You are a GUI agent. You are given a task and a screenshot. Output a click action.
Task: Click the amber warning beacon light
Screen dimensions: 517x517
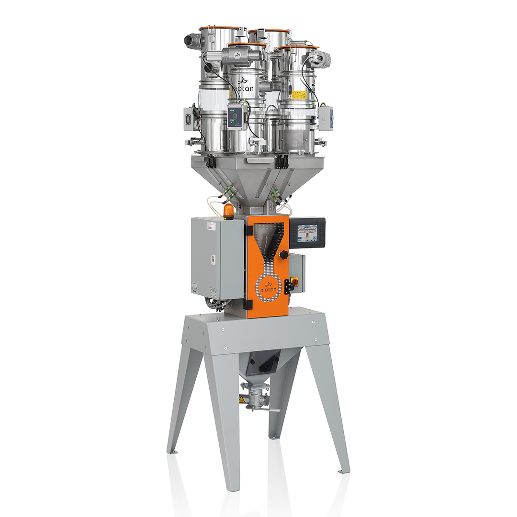(x=229, y=211)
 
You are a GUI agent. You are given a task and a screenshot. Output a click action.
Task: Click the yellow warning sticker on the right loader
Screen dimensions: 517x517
(x=299, y=95)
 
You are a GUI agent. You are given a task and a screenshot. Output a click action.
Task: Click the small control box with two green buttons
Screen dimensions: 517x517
(x=235, y=116)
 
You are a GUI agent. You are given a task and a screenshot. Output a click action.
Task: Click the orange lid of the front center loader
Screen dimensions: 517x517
(x=247, y=45)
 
